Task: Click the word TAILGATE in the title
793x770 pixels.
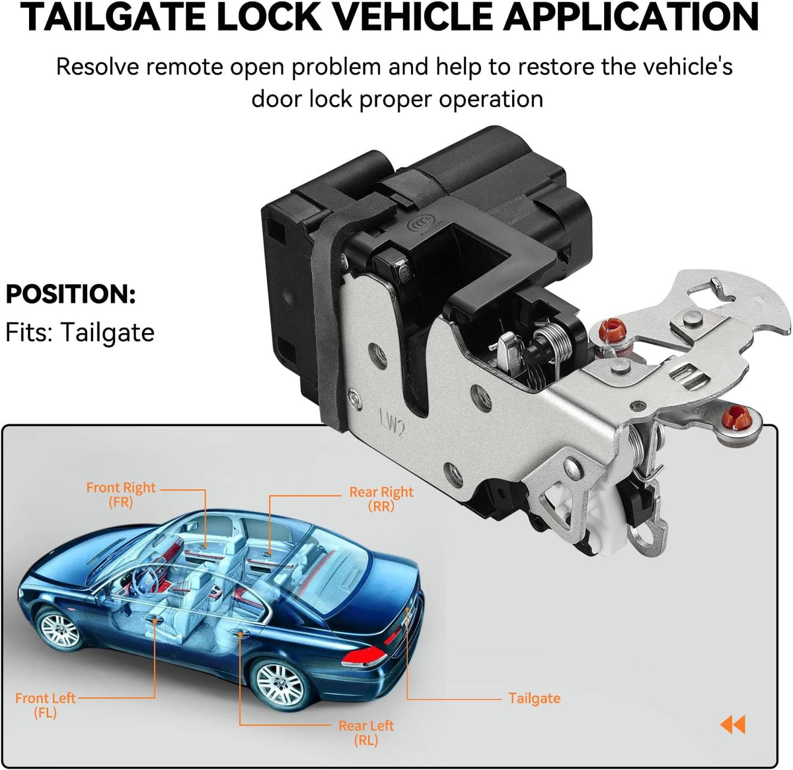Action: pyautogui.click(x=113, y=18)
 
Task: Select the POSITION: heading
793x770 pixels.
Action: pyautogui.click(x=71, y=294)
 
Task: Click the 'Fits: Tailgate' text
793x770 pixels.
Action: pyautogui.click(x=80, y=332)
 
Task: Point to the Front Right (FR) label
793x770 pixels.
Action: pyautogui.click(x=121, y=494)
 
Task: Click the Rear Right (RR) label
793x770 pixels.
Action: pyautogui.click(x=381, y=499)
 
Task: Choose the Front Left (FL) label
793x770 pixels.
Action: pyautogui.click(x=46, y=705)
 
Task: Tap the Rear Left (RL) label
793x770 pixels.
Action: pyautogui.click(x=366, y=732)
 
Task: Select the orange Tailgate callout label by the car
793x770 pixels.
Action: pyautogui.click(x=534, y=698)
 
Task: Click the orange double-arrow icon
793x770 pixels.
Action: pyautogui.click(x=733, y=724)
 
